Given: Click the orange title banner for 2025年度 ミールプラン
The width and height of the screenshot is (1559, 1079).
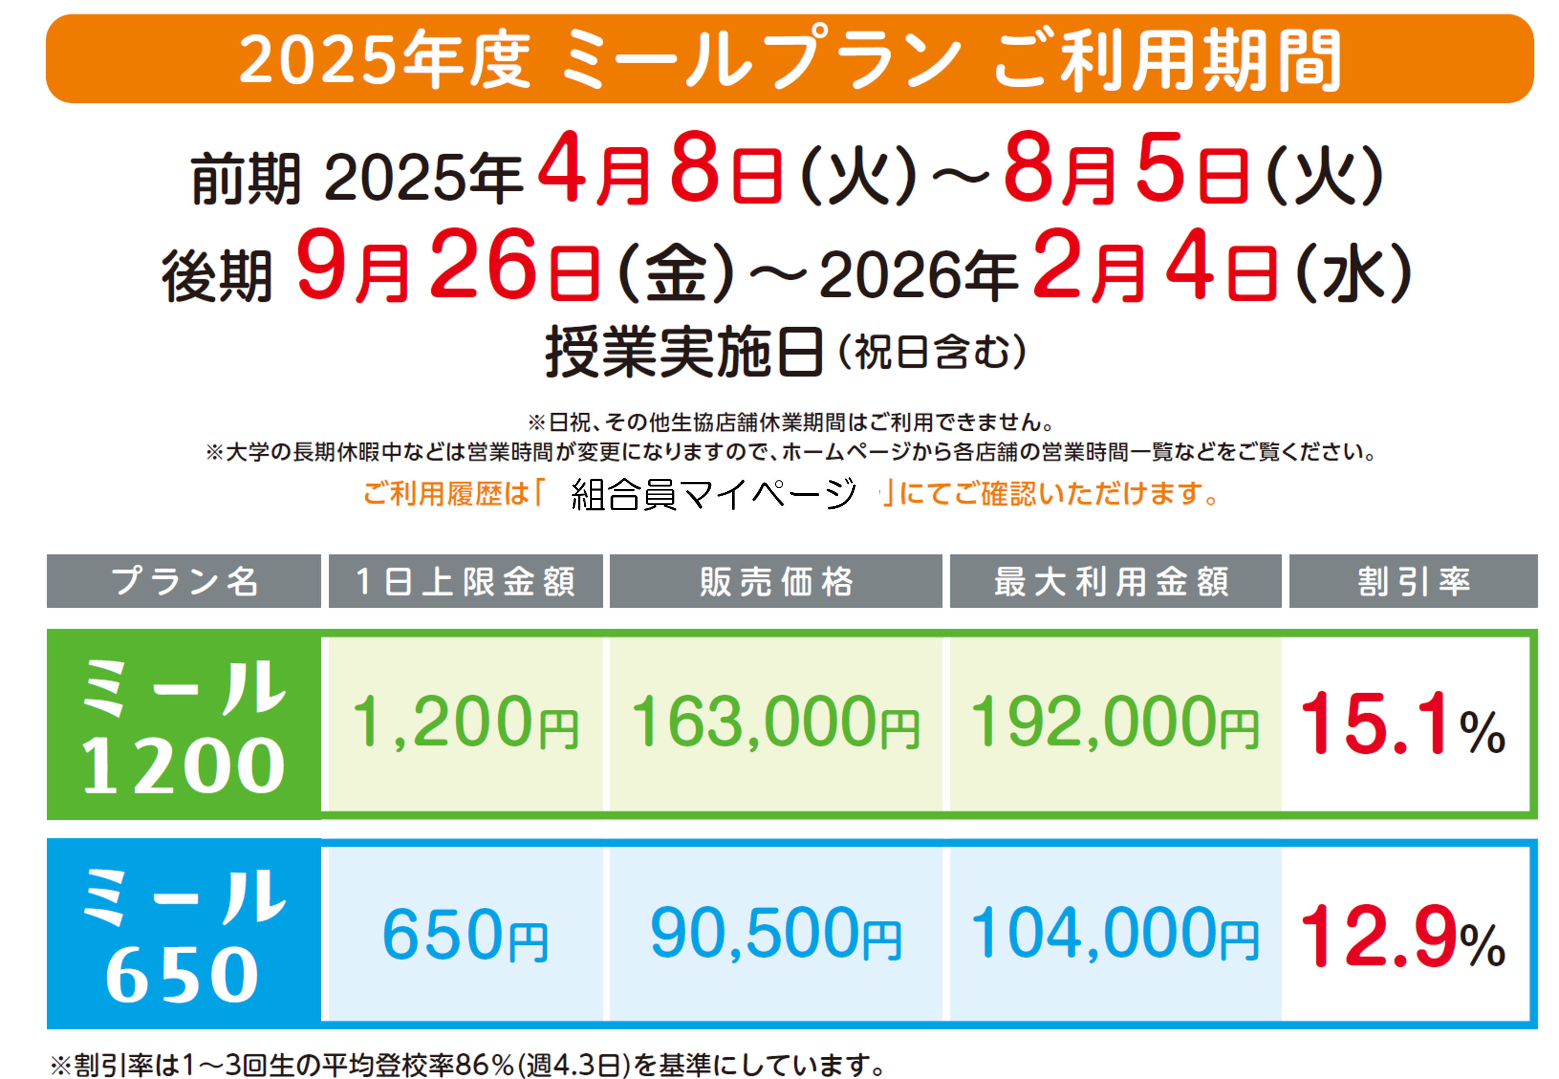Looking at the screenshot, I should click(790, 59).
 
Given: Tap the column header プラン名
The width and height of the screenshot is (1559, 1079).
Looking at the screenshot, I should click(184, 581).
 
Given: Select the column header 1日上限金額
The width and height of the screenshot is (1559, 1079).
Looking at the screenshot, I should click(465, 581).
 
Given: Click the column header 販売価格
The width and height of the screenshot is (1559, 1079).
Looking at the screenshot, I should click(776, 581).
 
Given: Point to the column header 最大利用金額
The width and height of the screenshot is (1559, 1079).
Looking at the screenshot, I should click(1115, 581).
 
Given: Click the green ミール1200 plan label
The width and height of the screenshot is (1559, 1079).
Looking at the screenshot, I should click(184, 724).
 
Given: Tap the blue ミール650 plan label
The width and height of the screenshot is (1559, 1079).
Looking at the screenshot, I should click(184, 934).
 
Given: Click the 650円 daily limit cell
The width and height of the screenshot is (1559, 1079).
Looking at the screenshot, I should click(465, 934).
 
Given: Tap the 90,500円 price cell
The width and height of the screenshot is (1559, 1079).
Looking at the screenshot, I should click(776, 934).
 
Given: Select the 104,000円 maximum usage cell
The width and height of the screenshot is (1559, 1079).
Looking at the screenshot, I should click(1115, 934).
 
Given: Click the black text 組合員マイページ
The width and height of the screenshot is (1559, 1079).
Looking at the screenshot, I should click(713, 494).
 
